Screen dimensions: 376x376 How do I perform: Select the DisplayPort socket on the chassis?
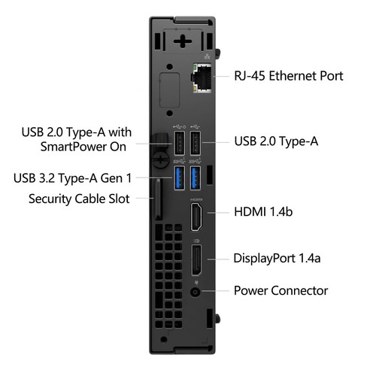pyautogui.click(x=196, y=260)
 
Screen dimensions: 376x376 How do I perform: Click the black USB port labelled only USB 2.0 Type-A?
pyautogui.click(x=196, y=142)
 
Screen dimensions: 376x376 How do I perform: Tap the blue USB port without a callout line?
pyautogui.click(x=196, y=178)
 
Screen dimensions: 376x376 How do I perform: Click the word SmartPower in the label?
pyautogui.click(x=82, y=147)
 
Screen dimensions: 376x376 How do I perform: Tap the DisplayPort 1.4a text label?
pyautogui.click(x=278, y=258)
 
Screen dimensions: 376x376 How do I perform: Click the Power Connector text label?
pyautogui.click(x=280, y=290)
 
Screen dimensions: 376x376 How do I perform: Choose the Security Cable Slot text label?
pyautogui.click(x=79, y=199)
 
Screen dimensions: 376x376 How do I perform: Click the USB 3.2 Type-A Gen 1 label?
pyautogui.click(x=72, y=178)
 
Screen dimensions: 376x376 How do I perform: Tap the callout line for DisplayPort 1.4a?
pyautogui.click(x=217, y=259)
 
